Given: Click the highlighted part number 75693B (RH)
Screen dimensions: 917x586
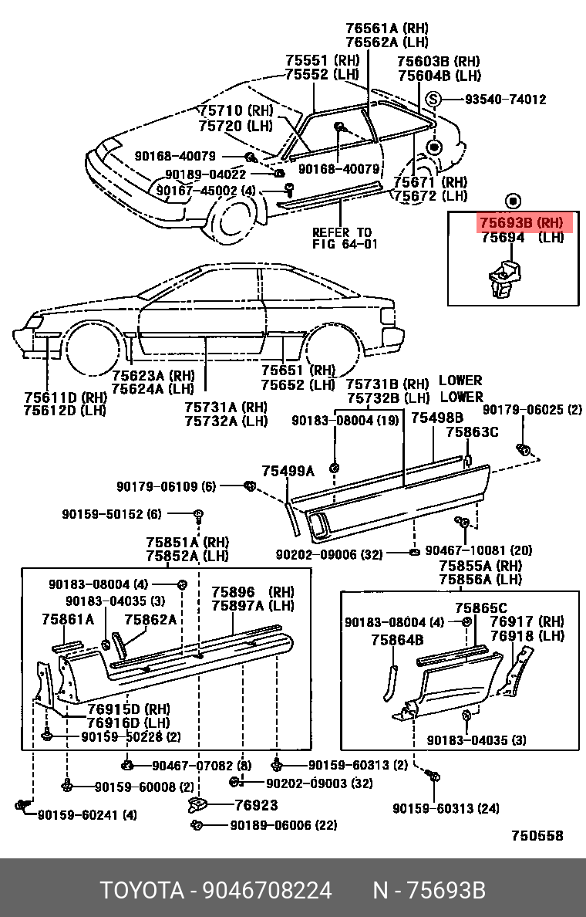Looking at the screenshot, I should [521, 222].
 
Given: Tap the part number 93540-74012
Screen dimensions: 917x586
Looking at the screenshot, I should [505, 100].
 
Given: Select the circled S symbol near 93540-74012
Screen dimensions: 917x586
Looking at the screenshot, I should [433, 100].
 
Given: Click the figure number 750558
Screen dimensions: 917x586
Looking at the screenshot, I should [537, 836].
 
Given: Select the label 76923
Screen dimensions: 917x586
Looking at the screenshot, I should [256, 805].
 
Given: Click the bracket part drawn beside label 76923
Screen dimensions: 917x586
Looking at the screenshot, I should [200, 805].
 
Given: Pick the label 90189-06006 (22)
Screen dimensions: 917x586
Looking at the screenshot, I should [283, 825].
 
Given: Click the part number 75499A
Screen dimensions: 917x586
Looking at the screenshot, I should [288, 470].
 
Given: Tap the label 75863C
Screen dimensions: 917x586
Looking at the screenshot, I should [472, 433].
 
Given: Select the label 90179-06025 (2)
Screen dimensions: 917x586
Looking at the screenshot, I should [532, 410].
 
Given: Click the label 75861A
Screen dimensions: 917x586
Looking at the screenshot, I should [68, 618].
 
